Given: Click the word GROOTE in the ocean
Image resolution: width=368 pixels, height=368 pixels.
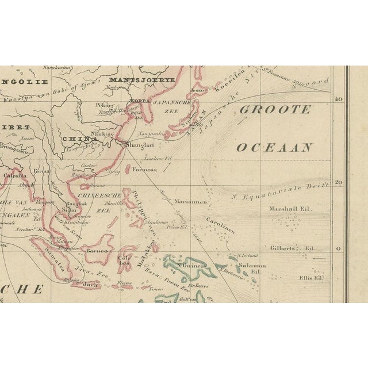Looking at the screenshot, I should point(275,110).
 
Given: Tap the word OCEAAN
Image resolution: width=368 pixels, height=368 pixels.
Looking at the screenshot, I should point(275,147).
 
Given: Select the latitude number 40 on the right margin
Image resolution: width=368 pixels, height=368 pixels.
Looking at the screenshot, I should point(339,99).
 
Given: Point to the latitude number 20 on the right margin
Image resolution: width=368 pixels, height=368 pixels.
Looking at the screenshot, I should point(339,183).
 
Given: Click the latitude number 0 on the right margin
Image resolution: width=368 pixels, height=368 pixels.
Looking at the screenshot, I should point(339,249).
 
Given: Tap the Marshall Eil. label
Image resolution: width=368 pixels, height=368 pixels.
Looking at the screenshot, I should point(289,209).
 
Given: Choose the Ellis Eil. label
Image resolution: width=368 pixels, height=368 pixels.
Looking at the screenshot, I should point(311,278).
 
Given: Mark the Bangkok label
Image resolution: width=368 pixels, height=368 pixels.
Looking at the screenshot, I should point(75,203).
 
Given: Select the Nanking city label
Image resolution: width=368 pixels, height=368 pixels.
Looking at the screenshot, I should point(103,133).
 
